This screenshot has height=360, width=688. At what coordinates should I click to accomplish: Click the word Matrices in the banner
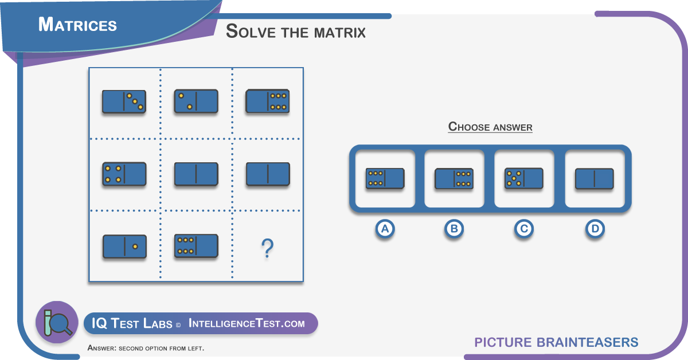pyautogui.click(x=77, y=25)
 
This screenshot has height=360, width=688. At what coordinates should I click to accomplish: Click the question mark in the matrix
pyautogui.click(x=267, y=248)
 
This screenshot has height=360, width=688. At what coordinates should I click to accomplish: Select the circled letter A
pyautogui.click(x=385, y=229)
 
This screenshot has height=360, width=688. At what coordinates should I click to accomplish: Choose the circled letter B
pyautogui.click(x=454, y=229)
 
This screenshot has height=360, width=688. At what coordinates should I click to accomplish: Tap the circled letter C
pyautogui.click(x=524, y=229)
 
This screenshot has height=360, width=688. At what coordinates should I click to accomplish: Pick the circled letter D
pyautogui.click(x=595, y=229)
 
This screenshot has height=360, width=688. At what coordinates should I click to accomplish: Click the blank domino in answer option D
pyautogui.click(x=595, y=178)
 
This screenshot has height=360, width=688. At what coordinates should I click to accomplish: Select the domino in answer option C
pyautogui.click(x=524, y=178)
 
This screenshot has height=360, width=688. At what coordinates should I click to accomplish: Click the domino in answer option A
pyautogui.click(x=385, y=178)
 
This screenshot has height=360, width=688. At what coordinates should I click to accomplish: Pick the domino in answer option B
pyautogui.click(x=454, y=178)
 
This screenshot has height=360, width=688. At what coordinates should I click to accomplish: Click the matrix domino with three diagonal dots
pyautogui.click(x=124, y=101)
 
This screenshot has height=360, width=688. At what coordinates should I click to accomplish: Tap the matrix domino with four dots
pyautogui.click(x=124, y=174)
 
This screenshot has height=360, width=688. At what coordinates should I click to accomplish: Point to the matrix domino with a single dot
pyautogui.click(x=124, y=246)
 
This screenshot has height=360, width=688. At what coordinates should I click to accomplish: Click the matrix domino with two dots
pyautogui.click(x=196, y=101)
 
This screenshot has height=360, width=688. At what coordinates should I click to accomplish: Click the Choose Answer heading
pyautogui.click(x=490, y=127)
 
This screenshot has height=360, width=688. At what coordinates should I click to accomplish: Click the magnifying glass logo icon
pyautogui.click(x=57, y=322)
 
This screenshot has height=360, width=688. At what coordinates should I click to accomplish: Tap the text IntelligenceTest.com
pyautogui.click(x=247, y=323)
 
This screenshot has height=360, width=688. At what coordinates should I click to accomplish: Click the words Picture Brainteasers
pyautogui.click(x=556, y=342)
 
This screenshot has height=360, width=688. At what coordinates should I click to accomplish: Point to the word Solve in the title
pyautogui.click(x=251, y=32)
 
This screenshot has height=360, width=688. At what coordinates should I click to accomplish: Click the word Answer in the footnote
pyautogui.click(x=101, y=348)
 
